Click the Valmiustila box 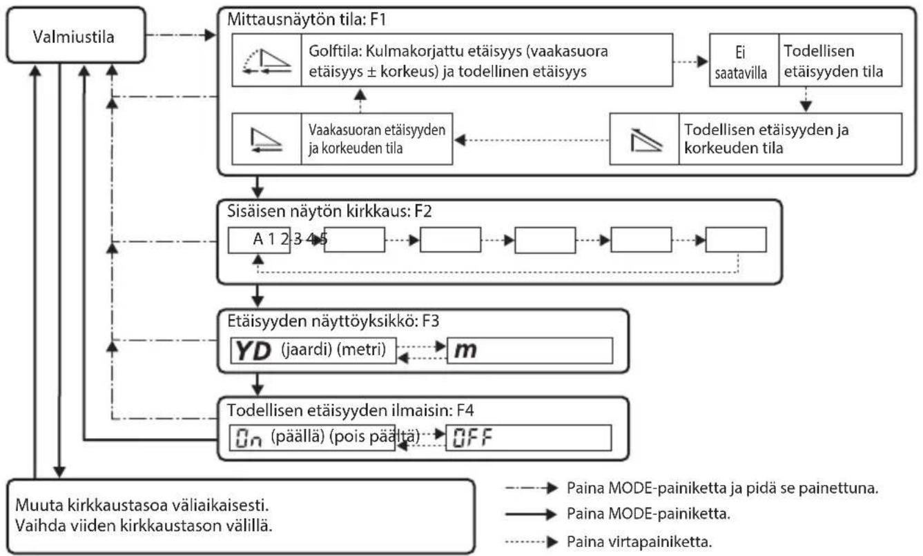tap(76, 35)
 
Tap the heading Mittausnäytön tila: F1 tap(307, 19)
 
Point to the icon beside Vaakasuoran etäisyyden tap(266, 140)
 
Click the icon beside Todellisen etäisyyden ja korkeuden tap(645, 140)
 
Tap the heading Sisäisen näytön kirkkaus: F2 tap(329, 211)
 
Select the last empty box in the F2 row tap(736, 239)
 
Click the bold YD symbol tap(253, 351)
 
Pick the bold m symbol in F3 tap(465, 351)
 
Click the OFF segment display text tap(472, 438)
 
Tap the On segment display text tap(249, 438)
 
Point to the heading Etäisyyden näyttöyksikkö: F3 tap(333, 321)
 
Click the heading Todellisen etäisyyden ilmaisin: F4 tap(350, 410)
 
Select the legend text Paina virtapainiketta tap(639, 542)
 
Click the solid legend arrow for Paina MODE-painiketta tap(531, 514)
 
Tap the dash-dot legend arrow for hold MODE tap(531, 488)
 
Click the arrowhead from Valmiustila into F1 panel tap(210, 35)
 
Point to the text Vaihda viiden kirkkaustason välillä tap(144, 526)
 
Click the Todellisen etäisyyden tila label tap(833, 61)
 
